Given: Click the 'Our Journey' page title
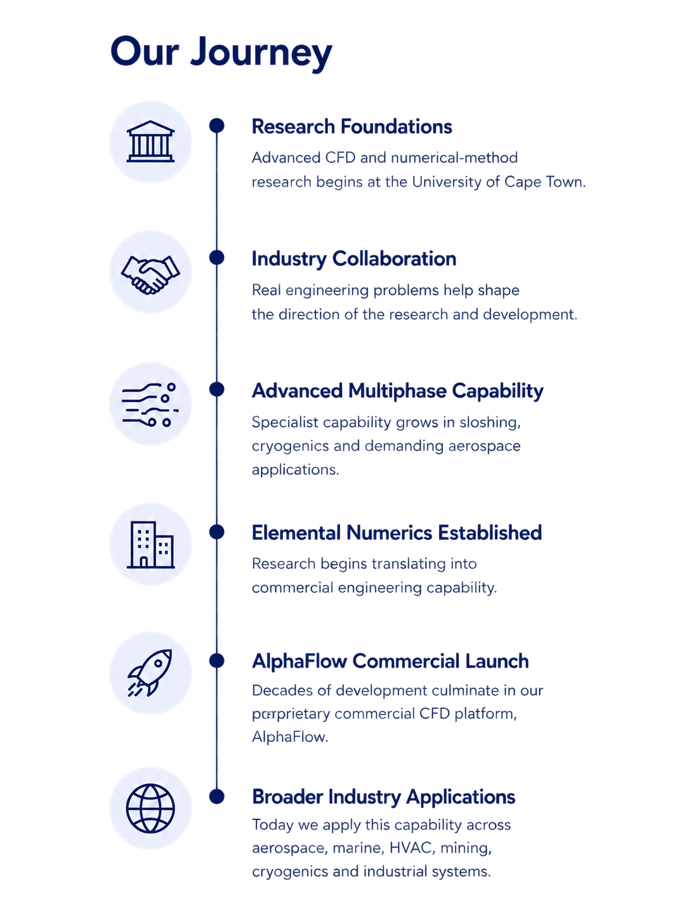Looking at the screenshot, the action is [221, 52].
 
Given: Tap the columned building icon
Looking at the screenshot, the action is [150, 142].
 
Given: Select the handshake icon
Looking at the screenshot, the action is [150, 274].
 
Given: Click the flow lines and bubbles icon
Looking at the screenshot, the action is [150, 404].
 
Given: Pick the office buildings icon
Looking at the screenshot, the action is [150, 545].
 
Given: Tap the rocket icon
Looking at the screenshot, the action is [150, 673].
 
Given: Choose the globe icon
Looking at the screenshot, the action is [150, 808].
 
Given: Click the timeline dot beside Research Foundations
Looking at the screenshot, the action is [217, 126].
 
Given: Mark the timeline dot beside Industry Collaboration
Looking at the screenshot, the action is [217, 258].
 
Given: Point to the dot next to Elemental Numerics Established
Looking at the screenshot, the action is [217, 532].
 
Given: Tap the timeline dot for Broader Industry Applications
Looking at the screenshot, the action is [217, 797].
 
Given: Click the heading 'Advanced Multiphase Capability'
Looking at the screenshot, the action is [397, 392].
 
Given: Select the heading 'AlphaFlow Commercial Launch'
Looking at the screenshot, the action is [390, 661].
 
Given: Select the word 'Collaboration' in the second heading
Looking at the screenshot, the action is [394, 259].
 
